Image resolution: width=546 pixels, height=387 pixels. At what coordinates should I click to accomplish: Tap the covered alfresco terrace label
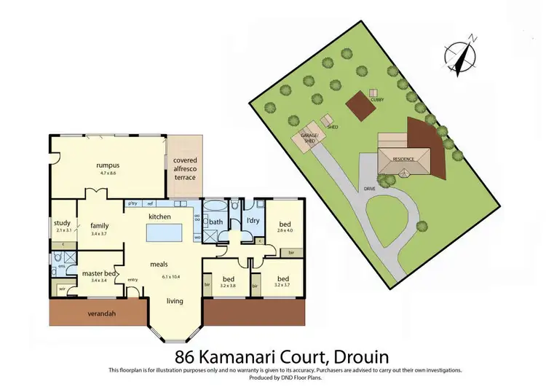coord(185,168)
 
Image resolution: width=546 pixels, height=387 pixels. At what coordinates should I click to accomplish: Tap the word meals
coord(161,265)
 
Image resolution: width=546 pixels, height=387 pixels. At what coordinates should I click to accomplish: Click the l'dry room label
coord(253,220)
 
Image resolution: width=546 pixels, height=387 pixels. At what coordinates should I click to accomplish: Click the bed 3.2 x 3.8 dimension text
coord(228,286)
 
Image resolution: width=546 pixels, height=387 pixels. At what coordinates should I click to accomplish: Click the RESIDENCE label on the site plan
coord(403,158)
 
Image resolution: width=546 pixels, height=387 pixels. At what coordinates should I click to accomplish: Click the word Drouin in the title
coord(357,357)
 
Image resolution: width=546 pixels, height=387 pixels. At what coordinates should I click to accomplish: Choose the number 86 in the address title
coord(186,357)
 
